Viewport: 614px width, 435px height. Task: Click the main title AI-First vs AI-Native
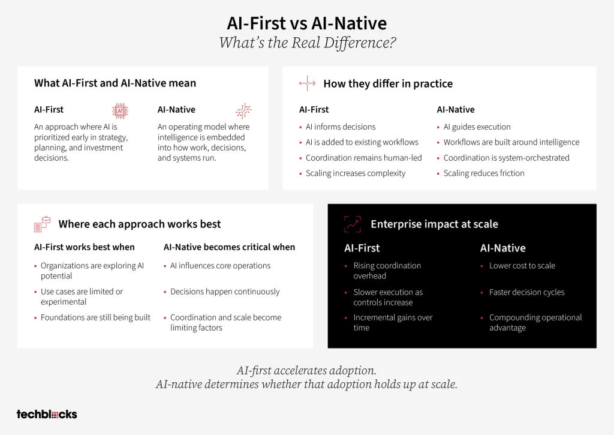pyautogui.click(x=306, y=23)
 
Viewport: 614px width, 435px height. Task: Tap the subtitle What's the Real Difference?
pyautogui.click(x=308, y=43)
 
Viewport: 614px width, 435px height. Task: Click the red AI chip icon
pyautogui.click(x=120, y=111)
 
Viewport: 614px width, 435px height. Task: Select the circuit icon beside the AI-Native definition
pyautogui.click(x=243, y=111)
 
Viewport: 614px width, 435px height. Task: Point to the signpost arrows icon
pyautogui.click(x=307, y=83)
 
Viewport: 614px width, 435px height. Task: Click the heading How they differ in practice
pyautogui.click(x=388, y=83)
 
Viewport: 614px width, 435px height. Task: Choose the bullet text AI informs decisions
pyautogui.click(x=341, y=127)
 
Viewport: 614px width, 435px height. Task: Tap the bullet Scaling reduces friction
pyautogui.click(x=484, y=173)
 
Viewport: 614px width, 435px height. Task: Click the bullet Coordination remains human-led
pyautogui.click(x=363, y=158)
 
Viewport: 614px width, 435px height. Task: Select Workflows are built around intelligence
pyautogui.click(x=511, y=142)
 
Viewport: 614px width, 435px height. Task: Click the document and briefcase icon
pyautogui.click(x=43, y=224)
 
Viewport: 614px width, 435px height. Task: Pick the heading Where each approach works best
pyautogui.click(x=139, y=224)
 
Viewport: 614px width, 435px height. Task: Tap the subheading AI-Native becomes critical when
pyautogui.click(x=229, y=247)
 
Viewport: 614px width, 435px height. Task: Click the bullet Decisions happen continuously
pyautogui.click(x=225, y=292)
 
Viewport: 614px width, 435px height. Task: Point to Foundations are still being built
pyautogui.click(x=95, y=317)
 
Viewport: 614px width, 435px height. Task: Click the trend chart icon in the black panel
pyautogui.click(x=353, y=224)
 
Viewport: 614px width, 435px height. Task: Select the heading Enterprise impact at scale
pyautogui.click(x=434, y=224)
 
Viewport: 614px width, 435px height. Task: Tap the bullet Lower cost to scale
pyautogui.click(x=522, y=265)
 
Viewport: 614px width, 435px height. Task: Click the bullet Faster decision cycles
pyautogui.click(x=526, y=292)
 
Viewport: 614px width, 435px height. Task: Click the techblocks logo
pyautogui.click(x=47, y=414)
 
